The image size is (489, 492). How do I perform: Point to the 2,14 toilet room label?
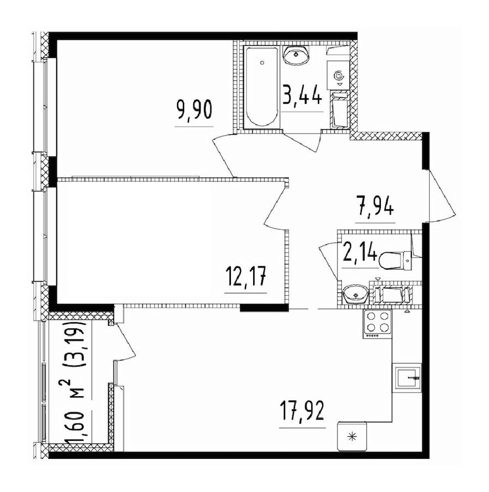[359, 253]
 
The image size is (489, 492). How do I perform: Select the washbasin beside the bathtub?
[297, 54]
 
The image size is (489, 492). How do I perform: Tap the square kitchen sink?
[406, 376]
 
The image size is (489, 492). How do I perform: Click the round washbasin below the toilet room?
[355, 295]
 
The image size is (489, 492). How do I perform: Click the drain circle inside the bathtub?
[262, 63]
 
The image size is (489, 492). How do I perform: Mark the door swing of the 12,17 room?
[275, 207]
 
